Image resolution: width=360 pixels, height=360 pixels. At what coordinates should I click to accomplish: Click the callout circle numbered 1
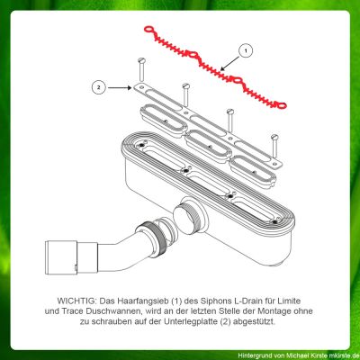246,50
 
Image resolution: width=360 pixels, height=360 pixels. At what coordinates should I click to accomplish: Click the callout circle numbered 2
99,87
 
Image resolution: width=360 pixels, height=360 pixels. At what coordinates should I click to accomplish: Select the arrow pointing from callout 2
120,87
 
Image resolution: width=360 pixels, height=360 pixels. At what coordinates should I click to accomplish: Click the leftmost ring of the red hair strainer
148,30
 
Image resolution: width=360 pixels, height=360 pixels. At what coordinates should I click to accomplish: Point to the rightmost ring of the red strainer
282,105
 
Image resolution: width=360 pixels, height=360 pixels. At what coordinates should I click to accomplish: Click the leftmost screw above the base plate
141,69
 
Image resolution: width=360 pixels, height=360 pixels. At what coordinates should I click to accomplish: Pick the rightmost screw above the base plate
274,147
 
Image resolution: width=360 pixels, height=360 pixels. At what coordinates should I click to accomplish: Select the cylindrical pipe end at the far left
61,257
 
